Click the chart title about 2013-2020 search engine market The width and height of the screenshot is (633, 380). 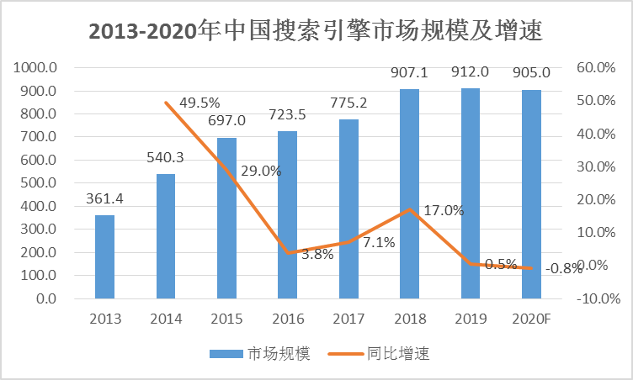(316, 33)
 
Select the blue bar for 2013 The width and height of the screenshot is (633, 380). (104, 256)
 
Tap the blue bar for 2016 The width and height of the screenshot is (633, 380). (288, 214)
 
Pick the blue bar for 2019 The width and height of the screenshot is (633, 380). (471, 193)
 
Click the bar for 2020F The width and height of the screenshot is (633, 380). (531, 193)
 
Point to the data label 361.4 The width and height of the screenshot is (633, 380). (106, 199)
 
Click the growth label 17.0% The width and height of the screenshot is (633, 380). (444, 211)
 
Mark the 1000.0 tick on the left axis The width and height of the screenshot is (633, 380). (36, 68)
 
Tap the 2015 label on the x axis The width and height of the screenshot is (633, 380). (226, 319)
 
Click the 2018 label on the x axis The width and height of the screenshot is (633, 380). (409, 319)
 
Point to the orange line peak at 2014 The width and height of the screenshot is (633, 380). (166, 103)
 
